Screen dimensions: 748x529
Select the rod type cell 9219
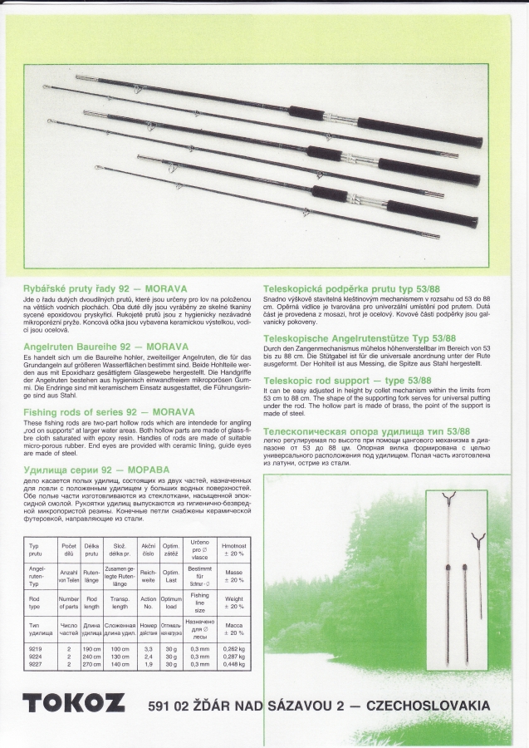(36, 647)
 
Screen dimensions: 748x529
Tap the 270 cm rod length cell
(92, 664)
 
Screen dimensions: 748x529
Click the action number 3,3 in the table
(149, 647)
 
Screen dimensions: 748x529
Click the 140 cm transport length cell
(120, 664)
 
